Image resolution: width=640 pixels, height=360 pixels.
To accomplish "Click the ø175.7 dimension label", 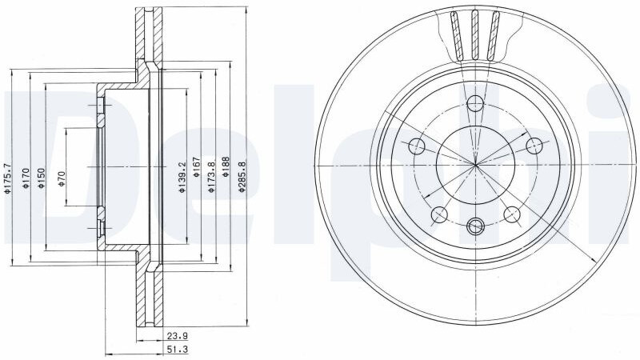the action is coord(7,178).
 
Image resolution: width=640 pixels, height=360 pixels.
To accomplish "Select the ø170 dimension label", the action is coord(26,178).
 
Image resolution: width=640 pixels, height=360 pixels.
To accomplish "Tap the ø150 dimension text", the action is coord(41,178).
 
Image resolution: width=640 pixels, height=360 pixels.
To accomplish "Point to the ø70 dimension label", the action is coord(62,178).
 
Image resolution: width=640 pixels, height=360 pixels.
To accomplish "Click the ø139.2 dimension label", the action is coord(182,177).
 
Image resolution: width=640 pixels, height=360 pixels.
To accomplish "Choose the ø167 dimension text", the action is coord(196,167).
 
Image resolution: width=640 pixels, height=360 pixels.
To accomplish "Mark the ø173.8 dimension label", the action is coord(211,177).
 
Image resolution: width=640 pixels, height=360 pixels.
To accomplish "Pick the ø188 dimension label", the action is coord(226,167).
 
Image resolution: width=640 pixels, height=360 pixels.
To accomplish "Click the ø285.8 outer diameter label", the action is coord(242,177).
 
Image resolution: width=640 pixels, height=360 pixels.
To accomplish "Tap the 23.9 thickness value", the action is coord(177,336).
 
